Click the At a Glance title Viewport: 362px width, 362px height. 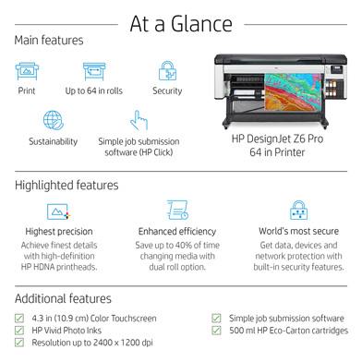click(x=181, y=21)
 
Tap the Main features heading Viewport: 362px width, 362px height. click(x=49, y=41)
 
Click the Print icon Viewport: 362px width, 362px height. click(x=26, y=71)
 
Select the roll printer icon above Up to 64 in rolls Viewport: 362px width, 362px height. click(x=94, y=71)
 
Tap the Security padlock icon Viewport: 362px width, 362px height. click(x=167, y=71)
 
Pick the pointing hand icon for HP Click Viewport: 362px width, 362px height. click(x=139, y=120)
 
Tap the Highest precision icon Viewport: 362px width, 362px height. click(x=59, y=210)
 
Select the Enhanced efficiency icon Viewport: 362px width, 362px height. click(x=177, y=210)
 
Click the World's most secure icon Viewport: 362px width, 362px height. click(x=297, y=210)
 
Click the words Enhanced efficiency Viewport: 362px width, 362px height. click(x=177, y=232)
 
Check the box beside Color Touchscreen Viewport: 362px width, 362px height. click(x=20, y=319)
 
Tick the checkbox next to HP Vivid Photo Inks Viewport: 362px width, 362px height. click(x=20, y=331)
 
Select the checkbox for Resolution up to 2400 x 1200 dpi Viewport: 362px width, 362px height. click(x=20, y=343)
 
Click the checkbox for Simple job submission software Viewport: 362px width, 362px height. click(x=216, y=319)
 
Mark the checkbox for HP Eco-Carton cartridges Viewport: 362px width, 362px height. click(x=216, y=331)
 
